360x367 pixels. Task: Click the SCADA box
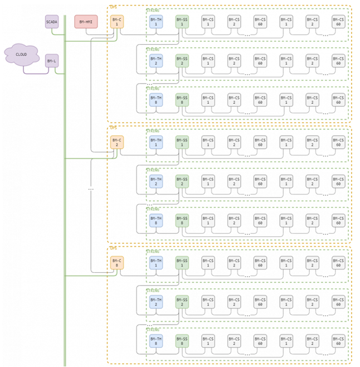(x=52, y=22)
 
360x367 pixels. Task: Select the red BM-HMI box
(x=86, y=22)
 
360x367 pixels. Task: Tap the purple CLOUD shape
(x=21, y=54)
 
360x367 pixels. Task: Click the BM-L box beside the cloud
(x=52, y=61)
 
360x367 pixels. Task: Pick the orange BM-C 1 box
(x=117, y=22)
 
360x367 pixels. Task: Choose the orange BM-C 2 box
(x=117, y=142)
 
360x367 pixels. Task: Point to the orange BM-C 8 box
(x=117, y=263)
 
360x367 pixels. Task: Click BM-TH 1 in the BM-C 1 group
(x=156, y=22)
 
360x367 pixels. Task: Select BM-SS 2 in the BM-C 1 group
(x=182, y=61)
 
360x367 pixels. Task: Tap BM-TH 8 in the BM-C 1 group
(x=156, y=100)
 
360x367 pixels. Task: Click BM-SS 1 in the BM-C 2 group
(x=182, y=142)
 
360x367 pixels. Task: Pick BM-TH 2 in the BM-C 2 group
(x=156, y=181)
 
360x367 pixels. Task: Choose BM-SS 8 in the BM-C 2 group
(x=182, y=220)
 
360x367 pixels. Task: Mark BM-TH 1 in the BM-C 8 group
(x=156, y=263)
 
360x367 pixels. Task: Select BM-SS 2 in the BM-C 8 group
(x=182, y=302)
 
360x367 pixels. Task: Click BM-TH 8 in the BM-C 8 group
(x=156, y=341)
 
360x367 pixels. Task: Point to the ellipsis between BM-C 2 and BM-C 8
(x=91, y=189)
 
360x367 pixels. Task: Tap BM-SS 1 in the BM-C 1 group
(x=182, y=22)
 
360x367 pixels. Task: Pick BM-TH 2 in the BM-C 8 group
(x=156, y=302)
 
